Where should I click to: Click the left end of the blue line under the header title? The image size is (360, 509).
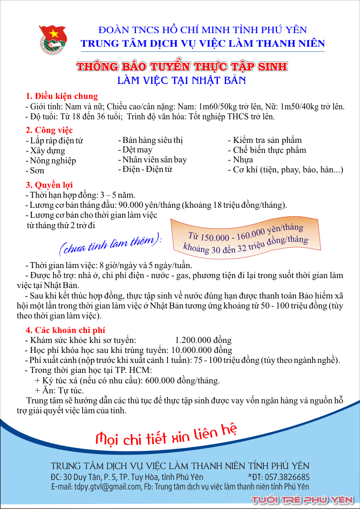point(81,51)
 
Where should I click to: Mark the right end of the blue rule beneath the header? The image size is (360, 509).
point(325,51)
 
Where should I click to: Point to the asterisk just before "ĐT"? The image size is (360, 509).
point(250,476)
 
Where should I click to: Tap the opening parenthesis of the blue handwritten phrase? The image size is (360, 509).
point(61,248)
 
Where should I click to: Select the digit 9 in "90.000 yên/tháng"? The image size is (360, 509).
point(122,206)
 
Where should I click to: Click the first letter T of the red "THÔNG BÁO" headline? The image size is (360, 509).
point(80,67)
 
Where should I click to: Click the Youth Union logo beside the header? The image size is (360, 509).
point(53,39)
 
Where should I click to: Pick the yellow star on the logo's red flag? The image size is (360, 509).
point(47,33)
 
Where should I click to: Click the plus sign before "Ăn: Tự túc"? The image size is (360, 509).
point(37,390)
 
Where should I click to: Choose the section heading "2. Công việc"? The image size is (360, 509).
point(49,130)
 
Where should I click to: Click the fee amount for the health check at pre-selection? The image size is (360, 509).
point(203,340)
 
